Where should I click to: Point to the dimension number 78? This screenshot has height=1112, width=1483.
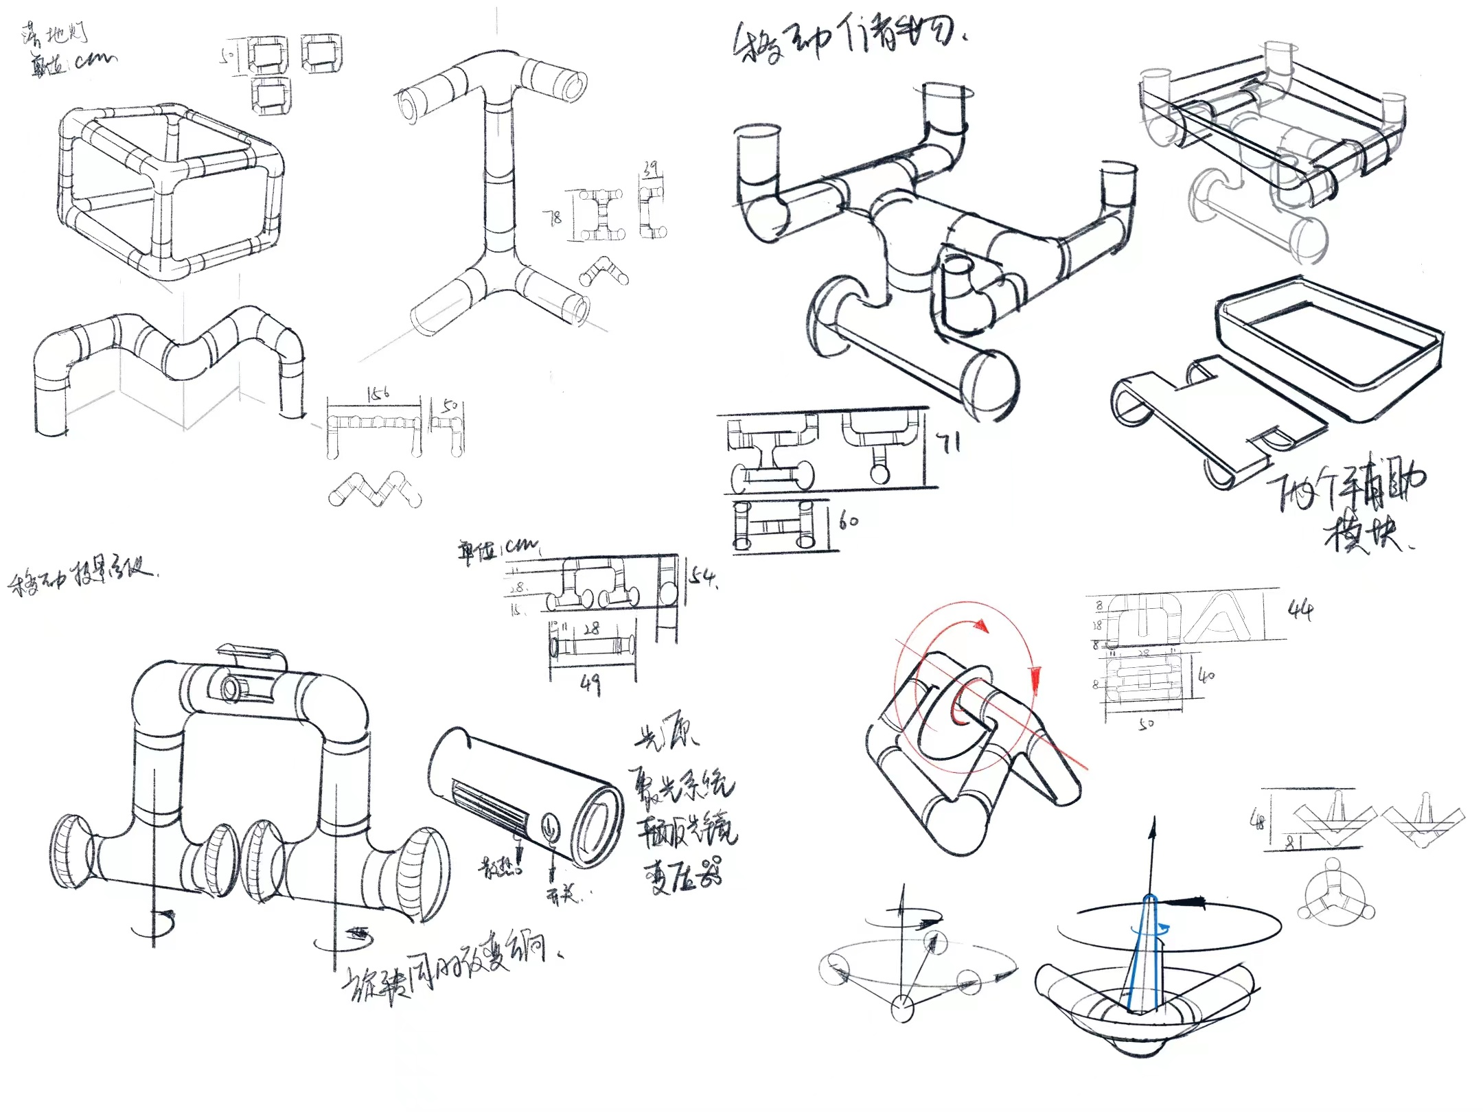pyautogui.click(x=553, y=218)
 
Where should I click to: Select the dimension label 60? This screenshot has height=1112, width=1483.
pyautogui.click(x=849, y=521)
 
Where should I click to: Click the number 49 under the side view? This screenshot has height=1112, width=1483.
pyautogui.click(x=590, y=683)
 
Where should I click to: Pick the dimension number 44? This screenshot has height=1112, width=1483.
pyautogui.click(x=1300, y=610)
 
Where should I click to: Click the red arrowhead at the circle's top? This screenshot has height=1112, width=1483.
pyautogui.click(x=981, y=625)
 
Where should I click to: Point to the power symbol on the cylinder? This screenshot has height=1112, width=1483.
pyautogui.click(x=550, y=827)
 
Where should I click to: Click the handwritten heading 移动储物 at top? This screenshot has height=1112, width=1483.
pyautogui.click(x=848, y=41)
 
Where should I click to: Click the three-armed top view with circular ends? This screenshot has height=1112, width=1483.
pyautogui.click(x=1335, y=892)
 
